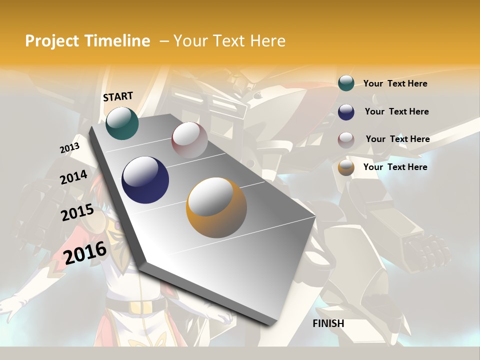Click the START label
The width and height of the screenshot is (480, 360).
coord(118,96)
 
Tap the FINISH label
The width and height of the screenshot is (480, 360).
coord(328,323)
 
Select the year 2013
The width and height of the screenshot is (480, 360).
coord(69,148)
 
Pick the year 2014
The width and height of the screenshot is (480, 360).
coord(73,177)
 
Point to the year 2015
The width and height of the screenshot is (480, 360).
coord(77,212)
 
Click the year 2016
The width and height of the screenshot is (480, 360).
coord(85,252)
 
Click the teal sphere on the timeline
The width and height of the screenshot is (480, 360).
coord(122,123)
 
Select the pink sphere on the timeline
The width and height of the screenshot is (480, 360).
coord(189,140)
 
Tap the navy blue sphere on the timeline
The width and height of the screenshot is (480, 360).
coord(145,180)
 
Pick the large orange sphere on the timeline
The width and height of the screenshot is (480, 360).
coord(216,207)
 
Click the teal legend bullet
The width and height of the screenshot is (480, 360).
coord(346,83)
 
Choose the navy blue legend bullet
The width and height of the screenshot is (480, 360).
coord(346,112)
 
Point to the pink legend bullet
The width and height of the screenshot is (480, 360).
coord(346,140)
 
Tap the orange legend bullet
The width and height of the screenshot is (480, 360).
coord(346,168)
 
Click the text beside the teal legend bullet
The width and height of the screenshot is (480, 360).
coord(395,83)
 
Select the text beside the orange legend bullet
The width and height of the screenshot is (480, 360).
coord(395,167)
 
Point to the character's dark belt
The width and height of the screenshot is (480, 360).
coord(135,306)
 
